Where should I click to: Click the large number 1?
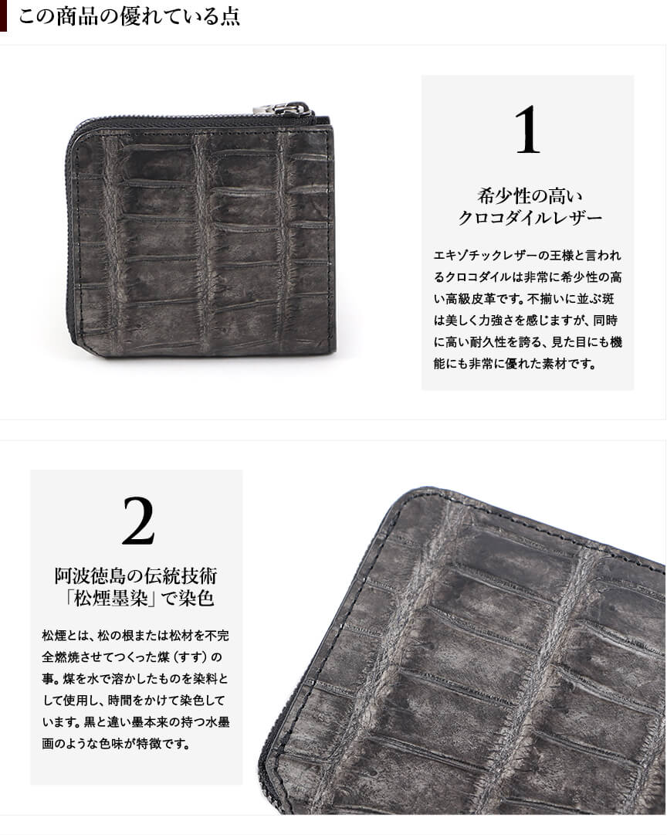click(x=527, y=130)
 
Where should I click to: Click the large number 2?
click(x=138, y=521)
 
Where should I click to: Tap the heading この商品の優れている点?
click(x=129, y=16)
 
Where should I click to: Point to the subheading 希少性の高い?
click(x=530, y=196)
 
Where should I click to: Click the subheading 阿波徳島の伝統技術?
click(x=137, y=575)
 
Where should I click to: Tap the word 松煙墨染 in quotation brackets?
click(x=111, y=599)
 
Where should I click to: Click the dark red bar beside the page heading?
click(x=3, y=15)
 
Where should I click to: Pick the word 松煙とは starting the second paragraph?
click(x=63, y=636)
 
